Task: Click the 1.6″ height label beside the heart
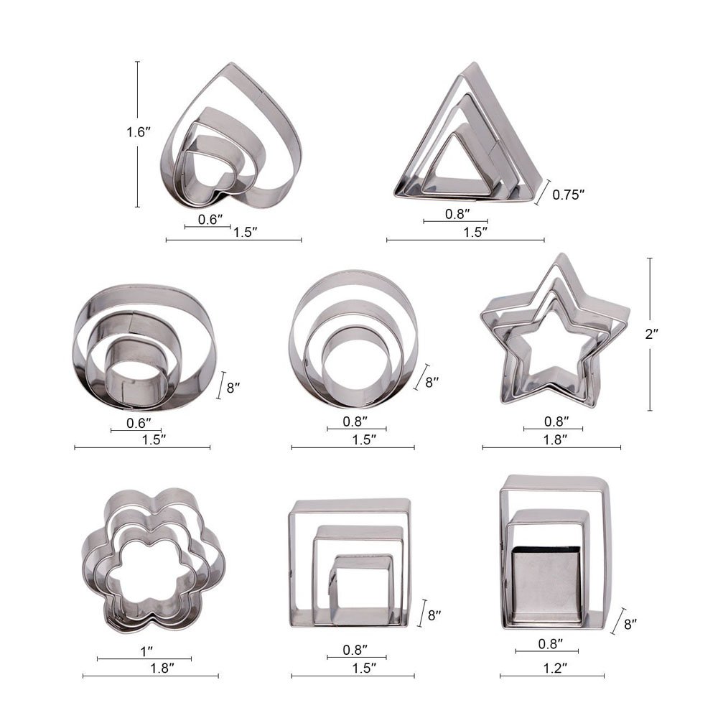(137, 133)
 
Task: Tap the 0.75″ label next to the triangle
(569, 194)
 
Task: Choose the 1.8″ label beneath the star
(554, 439)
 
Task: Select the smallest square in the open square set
(360, 585)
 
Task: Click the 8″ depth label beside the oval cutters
(233, 388)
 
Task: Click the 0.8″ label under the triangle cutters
(457, 213)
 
